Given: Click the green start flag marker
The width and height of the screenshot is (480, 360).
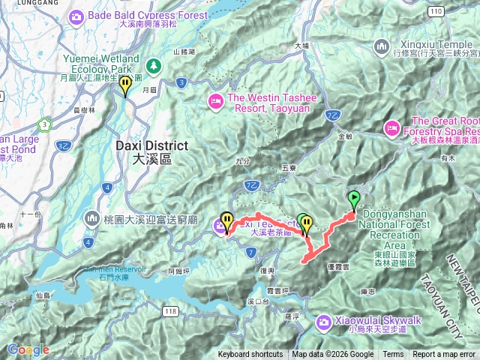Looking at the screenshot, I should pos(353,199).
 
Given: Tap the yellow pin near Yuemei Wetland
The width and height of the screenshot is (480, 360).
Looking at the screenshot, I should pos(125,85).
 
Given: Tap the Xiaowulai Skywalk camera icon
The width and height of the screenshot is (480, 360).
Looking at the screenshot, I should pos(323,322).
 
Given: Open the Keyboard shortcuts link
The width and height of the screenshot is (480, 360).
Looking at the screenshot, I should pos(250,355).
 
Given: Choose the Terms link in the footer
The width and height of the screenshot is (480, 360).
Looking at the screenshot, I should pos(393,355).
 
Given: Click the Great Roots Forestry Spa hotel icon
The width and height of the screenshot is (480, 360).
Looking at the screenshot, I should pos(391,128).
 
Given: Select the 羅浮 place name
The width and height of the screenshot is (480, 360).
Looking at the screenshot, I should pos(292,317).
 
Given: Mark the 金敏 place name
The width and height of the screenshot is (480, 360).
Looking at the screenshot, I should pos(345,137).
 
